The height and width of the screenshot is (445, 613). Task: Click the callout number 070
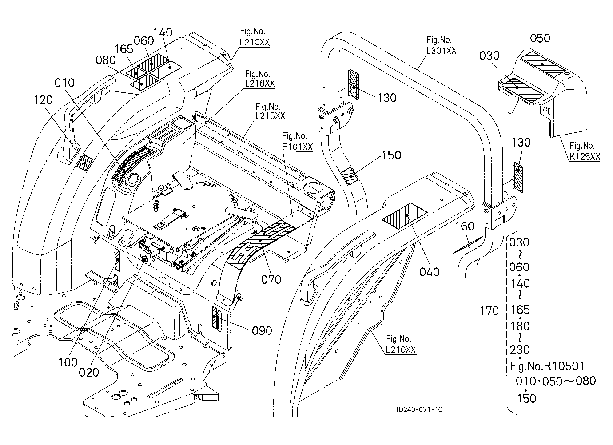[x=271, y=279]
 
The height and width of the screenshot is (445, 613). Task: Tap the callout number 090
[x=262, y=331]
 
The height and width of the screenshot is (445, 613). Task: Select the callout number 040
[x=430, y=272]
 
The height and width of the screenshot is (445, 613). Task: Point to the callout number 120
[x=43, y=100]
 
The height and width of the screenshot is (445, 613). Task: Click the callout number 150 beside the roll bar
[x=391, y=155]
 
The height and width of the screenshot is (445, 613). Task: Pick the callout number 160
[x=465, y=226]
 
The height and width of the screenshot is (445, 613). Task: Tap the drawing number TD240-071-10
[x=419, y=410]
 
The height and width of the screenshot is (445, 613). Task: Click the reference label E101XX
[x=298, y=147]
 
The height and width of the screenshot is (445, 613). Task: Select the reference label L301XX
[x=442, y=51]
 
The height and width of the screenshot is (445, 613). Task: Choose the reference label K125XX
[x=585, y=156]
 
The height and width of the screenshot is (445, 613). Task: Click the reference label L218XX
[x=260, y=83]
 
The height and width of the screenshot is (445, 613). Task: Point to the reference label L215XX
[x=271, y=116]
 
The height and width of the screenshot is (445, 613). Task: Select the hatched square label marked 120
[x=84, y=163]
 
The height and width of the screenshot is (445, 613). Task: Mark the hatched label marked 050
[x=543, y=64]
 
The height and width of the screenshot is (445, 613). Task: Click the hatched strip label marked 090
[x=215, y=317]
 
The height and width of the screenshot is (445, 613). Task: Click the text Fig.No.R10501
[x=547, y=366]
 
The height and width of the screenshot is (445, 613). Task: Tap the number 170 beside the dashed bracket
[x=490, y=310]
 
